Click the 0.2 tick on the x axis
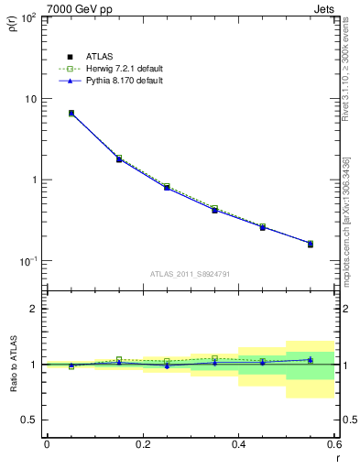tap(142, 446)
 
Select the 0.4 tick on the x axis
tap(238, 446)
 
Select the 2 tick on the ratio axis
tap(35, 309)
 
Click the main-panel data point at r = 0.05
tap(71, 114)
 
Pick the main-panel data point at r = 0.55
tap(311, 244)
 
